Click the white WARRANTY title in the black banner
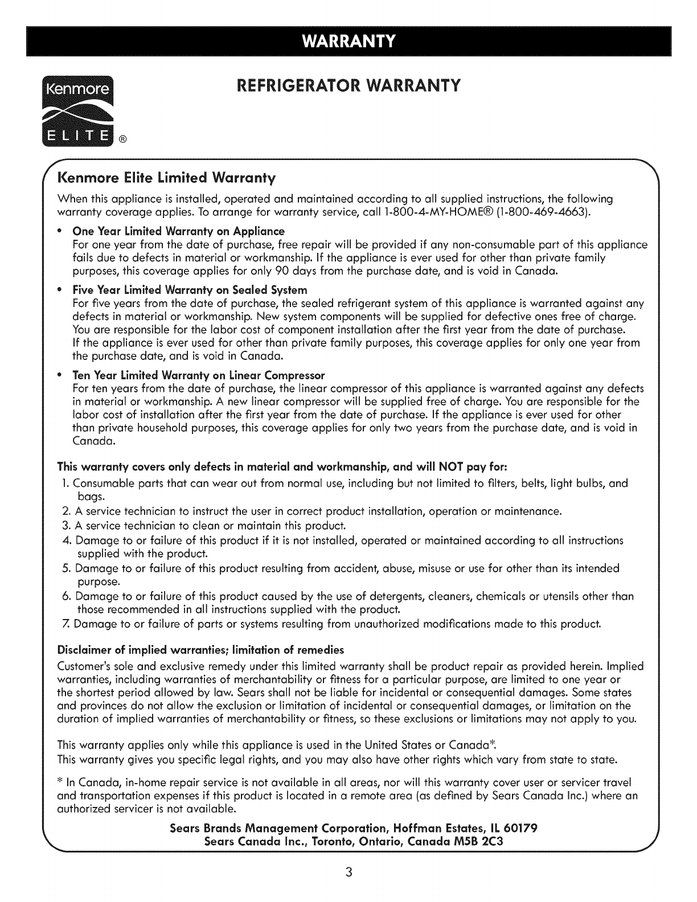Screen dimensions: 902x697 348,42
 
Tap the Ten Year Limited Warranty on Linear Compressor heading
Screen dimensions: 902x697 199,375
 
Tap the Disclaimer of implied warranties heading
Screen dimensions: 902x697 201,650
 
